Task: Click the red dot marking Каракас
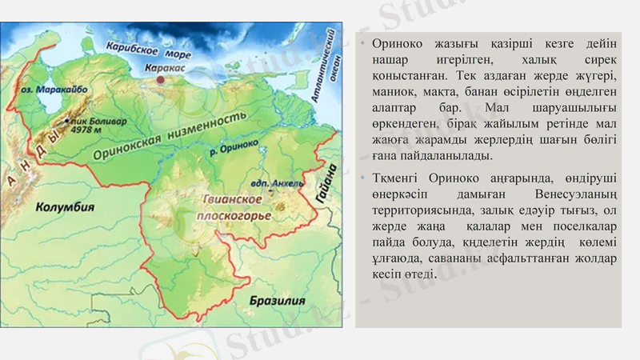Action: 162,79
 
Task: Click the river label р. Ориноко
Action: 238,146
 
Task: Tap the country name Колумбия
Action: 65,206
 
